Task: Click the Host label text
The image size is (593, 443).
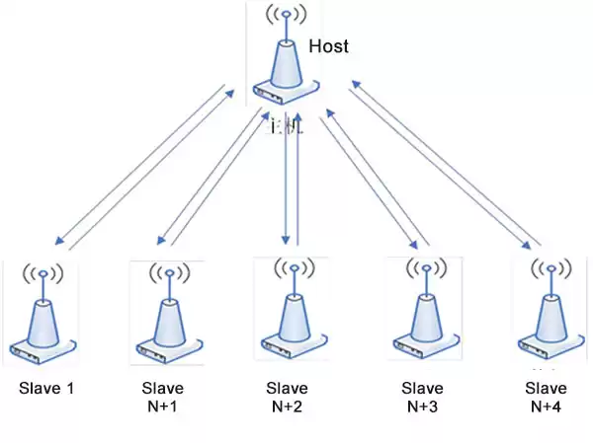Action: [328, 46]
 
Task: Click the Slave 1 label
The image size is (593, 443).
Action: [46, 388]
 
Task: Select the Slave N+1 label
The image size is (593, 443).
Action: [163, 397]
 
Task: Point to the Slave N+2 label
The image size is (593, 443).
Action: [288, 397]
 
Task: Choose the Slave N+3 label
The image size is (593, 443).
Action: [423, 397]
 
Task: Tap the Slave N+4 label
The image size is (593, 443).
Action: [547, 397]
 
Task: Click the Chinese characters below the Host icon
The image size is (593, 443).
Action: [288, 126]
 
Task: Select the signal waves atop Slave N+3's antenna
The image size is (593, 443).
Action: [424, 267]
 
